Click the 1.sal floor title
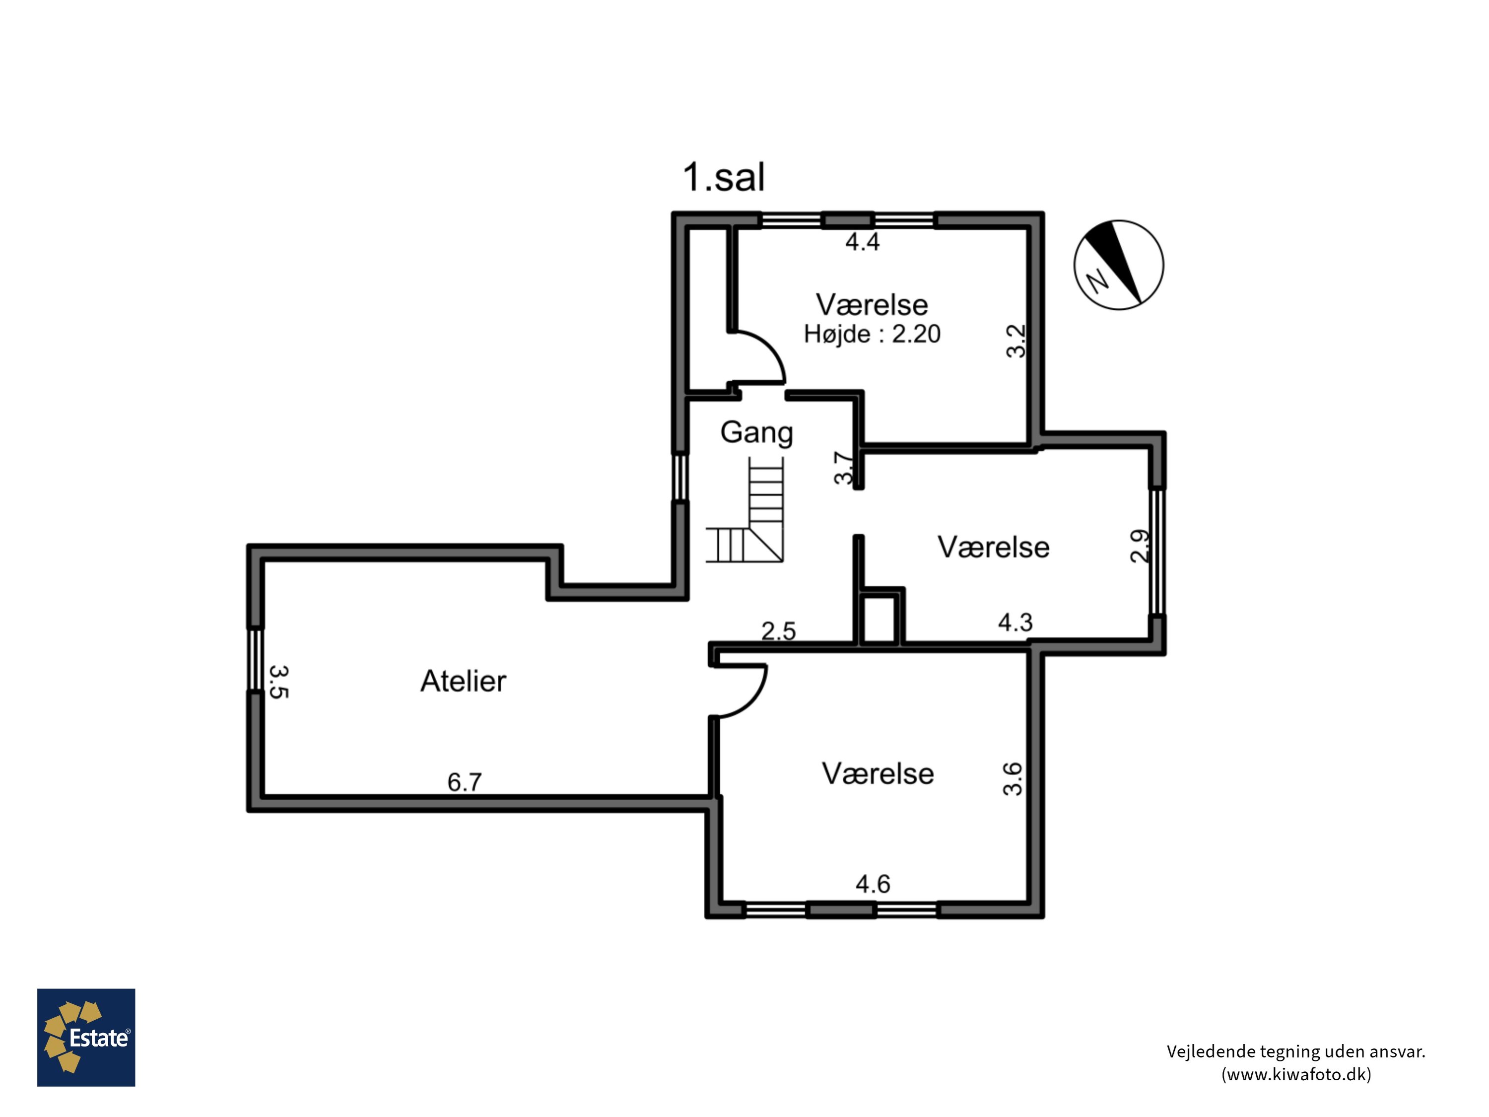724,177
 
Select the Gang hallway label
756,433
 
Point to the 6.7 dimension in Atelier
465,782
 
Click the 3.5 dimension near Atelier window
278,682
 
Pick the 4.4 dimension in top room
862,241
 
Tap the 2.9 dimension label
1140,546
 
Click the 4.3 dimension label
1015,622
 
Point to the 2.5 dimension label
779,631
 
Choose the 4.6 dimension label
873,884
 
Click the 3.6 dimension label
1013,779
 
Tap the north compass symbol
1118,265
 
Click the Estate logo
86,1038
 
